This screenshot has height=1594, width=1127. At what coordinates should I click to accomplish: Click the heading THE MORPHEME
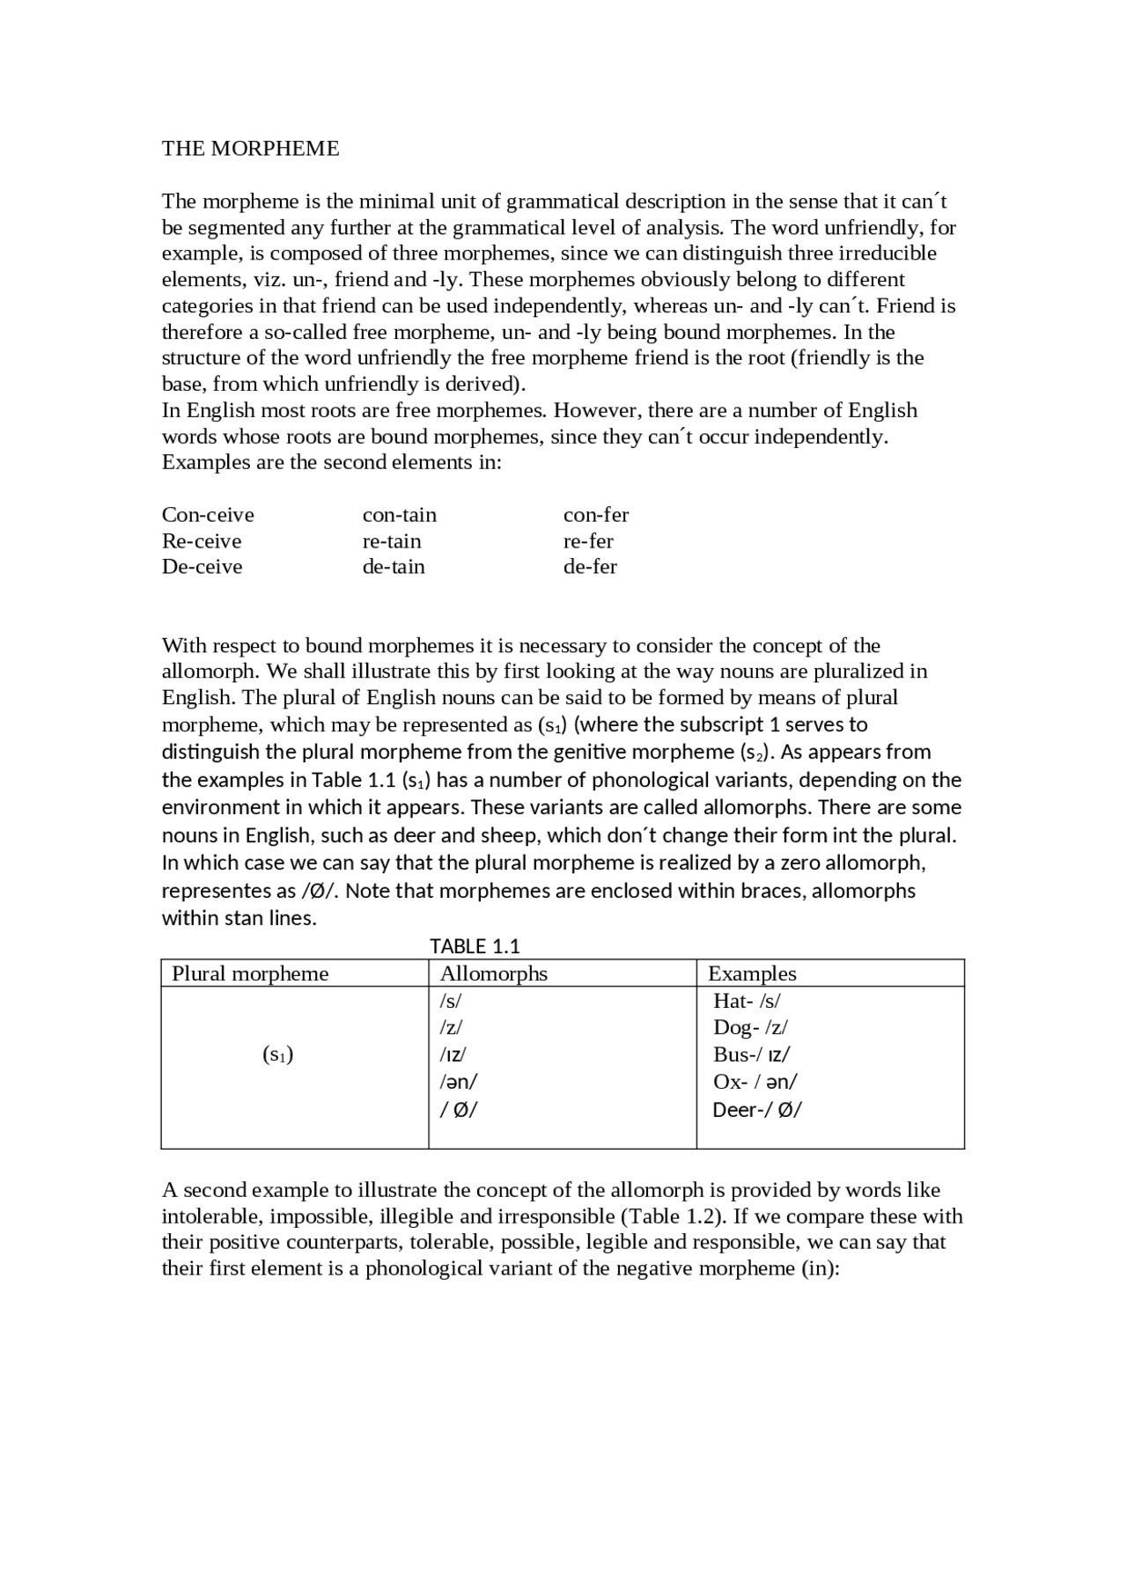pyautogui.click(x=250, y=149)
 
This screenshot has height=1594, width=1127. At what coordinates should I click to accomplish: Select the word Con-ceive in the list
pyautogui.click(x=208, y=515)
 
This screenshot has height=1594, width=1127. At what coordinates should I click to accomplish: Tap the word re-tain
pyautogui.click(x=392, y=541)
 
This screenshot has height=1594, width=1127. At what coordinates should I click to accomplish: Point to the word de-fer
pyautogui.click(x=590, y=567)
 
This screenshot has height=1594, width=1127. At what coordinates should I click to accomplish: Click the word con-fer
pyautogui.click(x=596, y=515)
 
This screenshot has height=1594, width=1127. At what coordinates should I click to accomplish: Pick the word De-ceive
pyautogui.click(x=202, y=567)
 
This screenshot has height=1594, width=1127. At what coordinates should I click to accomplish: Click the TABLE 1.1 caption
pyautogui.click(x=475, y=946)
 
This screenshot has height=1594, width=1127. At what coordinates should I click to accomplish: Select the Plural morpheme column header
pyautogui.click(x=250, y=973)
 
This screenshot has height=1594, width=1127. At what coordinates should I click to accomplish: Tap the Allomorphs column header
pyautogui.click(x=493, y=973)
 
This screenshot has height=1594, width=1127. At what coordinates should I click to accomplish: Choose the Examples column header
pyautogui.click(x=752, y=973)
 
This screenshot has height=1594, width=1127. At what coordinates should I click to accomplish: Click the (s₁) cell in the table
pyautogui.click(x=278, y=1054)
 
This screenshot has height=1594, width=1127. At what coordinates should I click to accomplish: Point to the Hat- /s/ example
pyautogui.click(x=747, y=1001)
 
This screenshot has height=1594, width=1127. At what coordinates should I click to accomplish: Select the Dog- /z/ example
pyautogui.click(x=750, y=1028)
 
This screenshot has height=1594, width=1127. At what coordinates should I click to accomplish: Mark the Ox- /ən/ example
pyautogui.click(x=755, y=1082)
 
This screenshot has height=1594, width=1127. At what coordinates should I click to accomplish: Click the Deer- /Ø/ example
pyautogui.click(x=757, y=1110)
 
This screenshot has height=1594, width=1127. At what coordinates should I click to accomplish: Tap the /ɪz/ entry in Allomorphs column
pyautogui.click(x=453, y=1054)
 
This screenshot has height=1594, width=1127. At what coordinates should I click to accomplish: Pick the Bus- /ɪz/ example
pyautogui.click(x=751, y=1054)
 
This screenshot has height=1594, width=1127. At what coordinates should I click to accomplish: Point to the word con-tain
pyautogui.click(x=400, y=515)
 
